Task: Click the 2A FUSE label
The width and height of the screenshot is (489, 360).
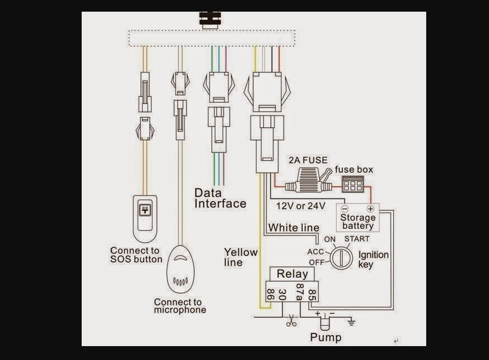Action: (308, 161)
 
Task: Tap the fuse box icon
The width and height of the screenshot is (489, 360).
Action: (352, 184)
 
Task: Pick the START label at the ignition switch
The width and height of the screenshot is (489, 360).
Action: (356, 239)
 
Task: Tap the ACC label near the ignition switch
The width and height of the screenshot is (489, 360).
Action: (315, 252)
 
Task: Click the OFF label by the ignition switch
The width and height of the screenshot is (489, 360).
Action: (316, 262)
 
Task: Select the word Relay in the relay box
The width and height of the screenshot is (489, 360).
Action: (292, 273)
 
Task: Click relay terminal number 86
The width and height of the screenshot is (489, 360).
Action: (271, 294)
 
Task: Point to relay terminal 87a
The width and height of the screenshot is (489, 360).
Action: (299, 293)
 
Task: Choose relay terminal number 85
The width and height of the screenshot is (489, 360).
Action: (312, 294)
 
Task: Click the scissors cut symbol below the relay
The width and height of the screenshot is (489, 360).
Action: (291, 321)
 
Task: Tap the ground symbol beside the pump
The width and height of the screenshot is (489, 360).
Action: (351, 322)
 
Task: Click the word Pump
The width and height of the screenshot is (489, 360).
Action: (326, 337)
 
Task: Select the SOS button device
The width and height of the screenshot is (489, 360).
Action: (146, 218)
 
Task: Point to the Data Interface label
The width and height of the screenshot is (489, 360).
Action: (220, 198)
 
